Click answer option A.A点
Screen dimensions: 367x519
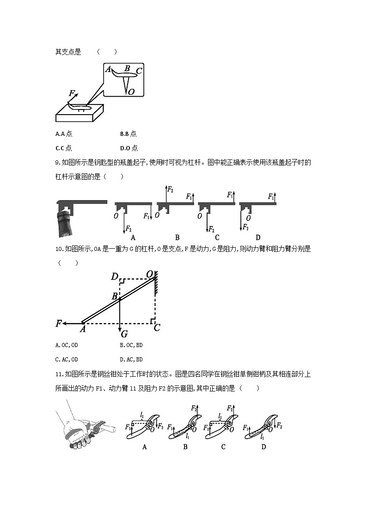(63, 134)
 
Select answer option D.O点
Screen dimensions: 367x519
(128, 148)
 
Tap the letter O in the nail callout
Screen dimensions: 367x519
(131, 92)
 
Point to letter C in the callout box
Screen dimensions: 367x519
(139, 71)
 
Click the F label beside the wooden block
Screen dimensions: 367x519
(72, 93)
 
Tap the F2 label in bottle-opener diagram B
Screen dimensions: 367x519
(170, 189)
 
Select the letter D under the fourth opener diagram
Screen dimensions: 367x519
(258, 238)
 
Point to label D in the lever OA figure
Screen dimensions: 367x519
(114, 277)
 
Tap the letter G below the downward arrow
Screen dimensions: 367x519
(123, 334)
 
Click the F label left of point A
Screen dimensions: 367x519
(59, 324)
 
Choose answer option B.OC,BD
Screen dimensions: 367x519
(131, 345)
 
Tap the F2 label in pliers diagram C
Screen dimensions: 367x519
(230, 408)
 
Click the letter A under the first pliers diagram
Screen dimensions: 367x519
(145, 447)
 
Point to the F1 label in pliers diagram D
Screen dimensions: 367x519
(246, 427)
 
